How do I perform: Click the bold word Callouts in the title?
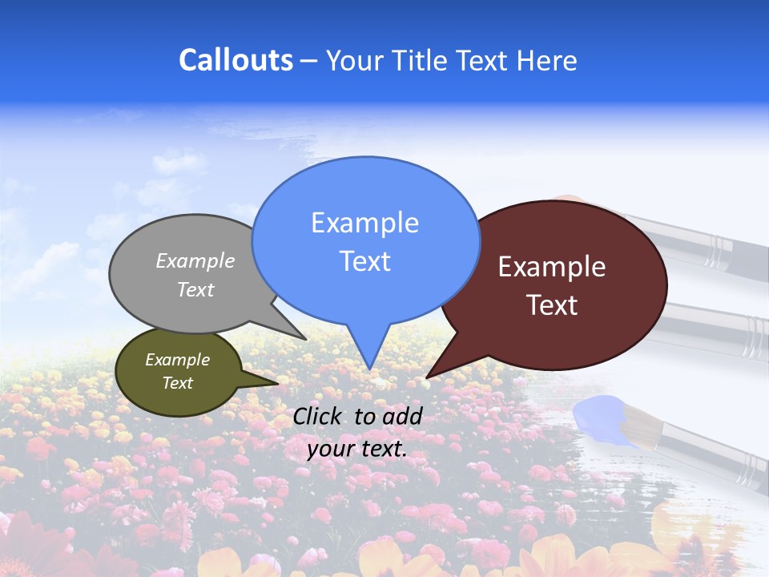236,60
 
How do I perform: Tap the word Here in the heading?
548,60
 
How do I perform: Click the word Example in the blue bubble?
364,223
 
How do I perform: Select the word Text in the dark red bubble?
553,305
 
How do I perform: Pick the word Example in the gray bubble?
195,261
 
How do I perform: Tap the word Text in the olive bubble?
177,383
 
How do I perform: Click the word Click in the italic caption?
318,416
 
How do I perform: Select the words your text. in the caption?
357,449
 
